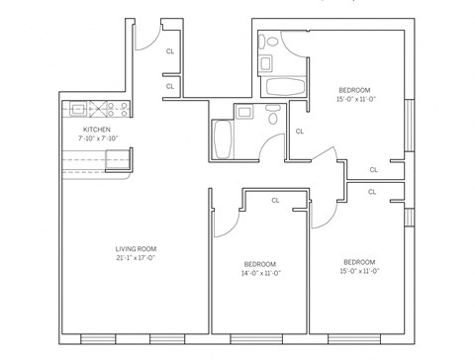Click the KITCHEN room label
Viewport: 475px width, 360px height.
[x=97, y=129]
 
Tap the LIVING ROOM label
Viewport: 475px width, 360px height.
[x=136, y=247]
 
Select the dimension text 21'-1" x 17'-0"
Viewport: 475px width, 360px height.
[x=136, y=257]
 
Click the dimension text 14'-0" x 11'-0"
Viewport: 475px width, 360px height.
[x=260, y=273]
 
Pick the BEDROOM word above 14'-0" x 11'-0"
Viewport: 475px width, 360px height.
[x=260, y=263]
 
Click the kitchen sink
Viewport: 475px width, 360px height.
[x=77, y=109]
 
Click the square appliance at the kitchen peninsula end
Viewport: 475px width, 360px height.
[x=118, y=160]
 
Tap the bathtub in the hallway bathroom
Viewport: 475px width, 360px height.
[x=221, y=137]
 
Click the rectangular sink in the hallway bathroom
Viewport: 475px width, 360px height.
[x=244, y=111]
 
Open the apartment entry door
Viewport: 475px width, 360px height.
[x=144, y=36]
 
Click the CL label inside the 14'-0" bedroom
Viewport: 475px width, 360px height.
[x=275, y=200]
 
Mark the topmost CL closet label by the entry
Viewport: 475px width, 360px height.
[x=170, y=50]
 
